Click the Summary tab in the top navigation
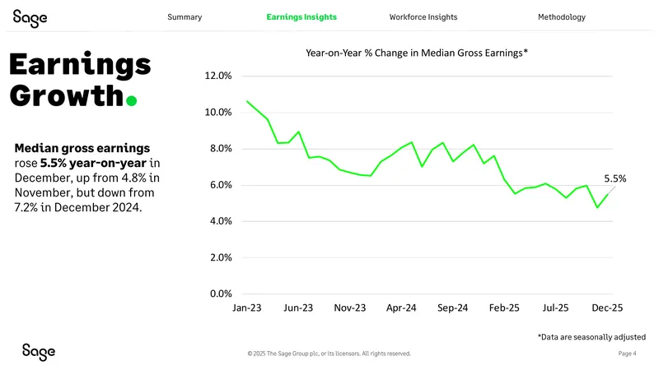[x=185, y=17]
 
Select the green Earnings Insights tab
[x=301, y=17]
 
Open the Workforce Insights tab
[x=423, y=17]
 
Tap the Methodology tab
[x=562, y=17]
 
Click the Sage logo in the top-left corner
[x=30, y=18]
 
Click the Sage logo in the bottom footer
[x=39, y=352]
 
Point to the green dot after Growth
[x=132, y=101]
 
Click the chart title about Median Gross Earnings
[x=417, y=53]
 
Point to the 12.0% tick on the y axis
[x=218, y=76]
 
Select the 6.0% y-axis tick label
[x=221, y=185]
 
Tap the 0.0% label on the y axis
[x=221, y=294]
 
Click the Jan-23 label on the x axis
[x=246, y=308]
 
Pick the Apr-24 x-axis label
[x=401, y=308]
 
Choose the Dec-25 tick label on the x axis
[x=607, y=308]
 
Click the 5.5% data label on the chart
[x=615, y=178]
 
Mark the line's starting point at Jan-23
[x=247, y=101]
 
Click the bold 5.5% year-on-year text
[x=93, y=163]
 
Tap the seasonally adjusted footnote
[x=591, y=337]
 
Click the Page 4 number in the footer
[x=627, y=354]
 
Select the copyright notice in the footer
[x=329, y=354]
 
